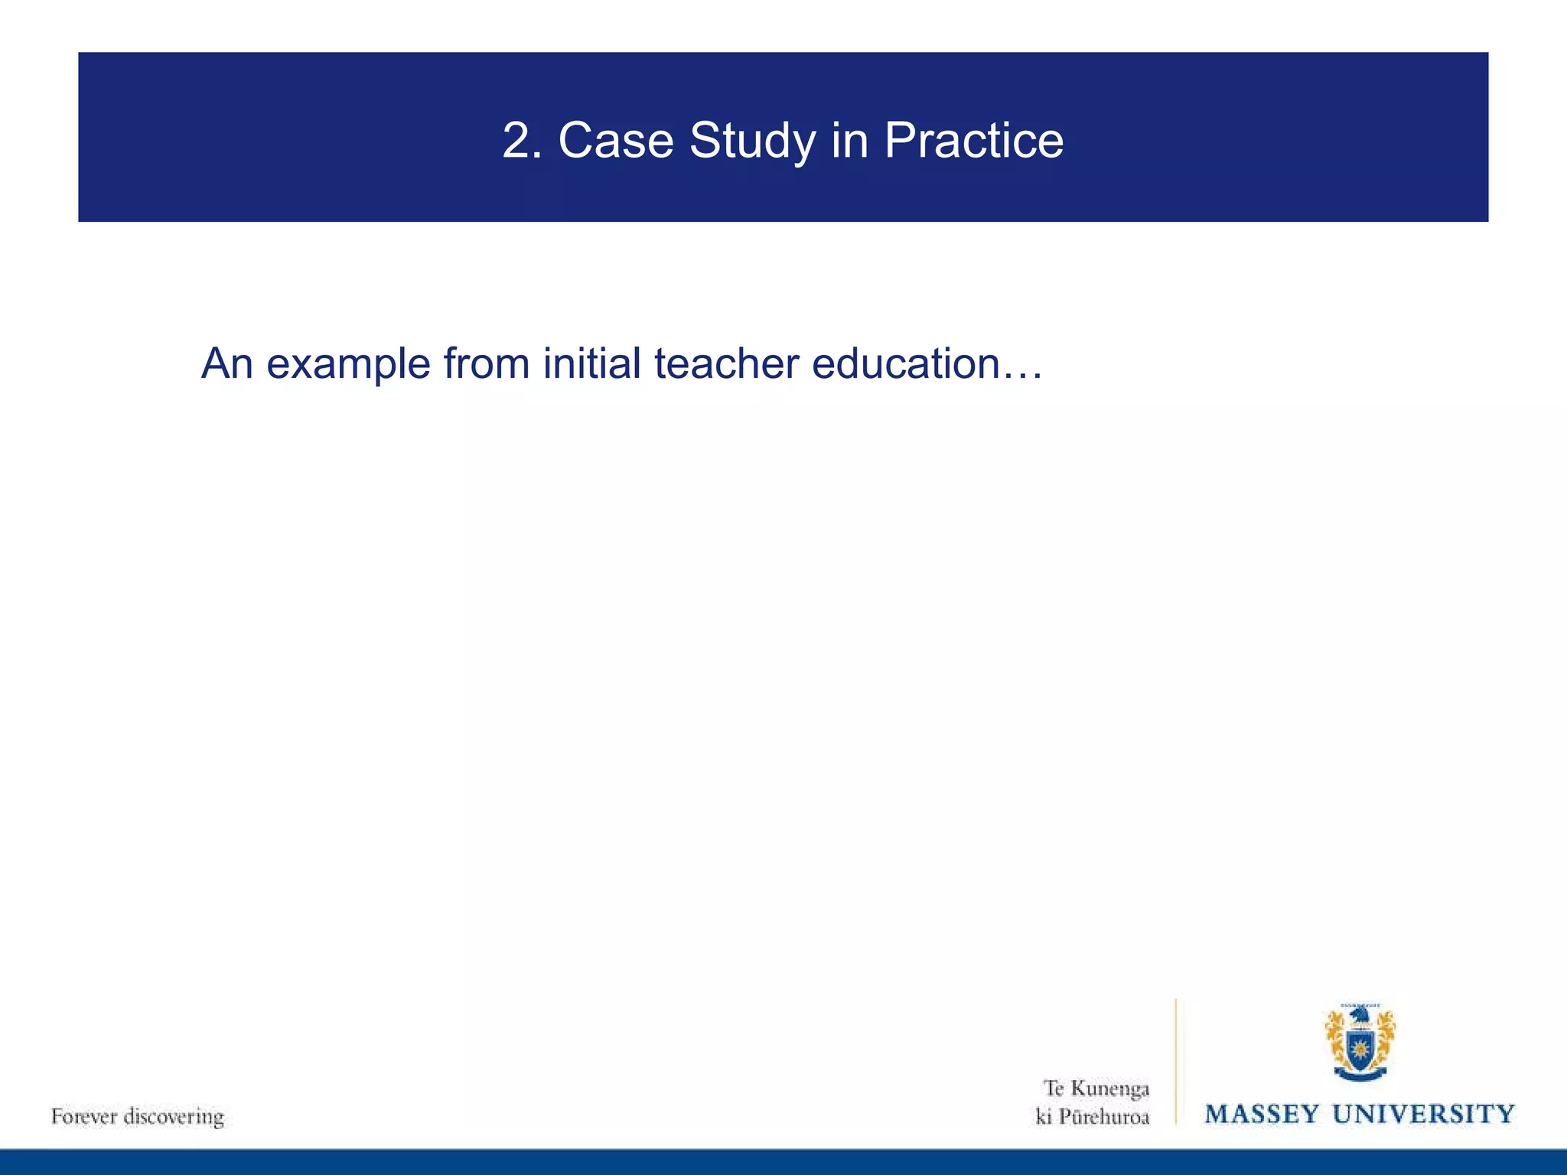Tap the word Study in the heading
click(752, 142)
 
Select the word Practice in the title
click(973, 141)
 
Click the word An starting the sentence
click(226, 363)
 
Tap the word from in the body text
click(486, 363)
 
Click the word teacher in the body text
click(726, 363)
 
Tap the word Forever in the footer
click(83, 1116)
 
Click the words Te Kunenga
click(1096, 1088)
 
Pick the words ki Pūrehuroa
click(1092, 1117)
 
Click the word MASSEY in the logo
click(1262, 1114)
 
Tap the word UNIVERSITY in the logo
click(1423, 1114)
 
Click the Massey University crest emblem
click(1360, 1043)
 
